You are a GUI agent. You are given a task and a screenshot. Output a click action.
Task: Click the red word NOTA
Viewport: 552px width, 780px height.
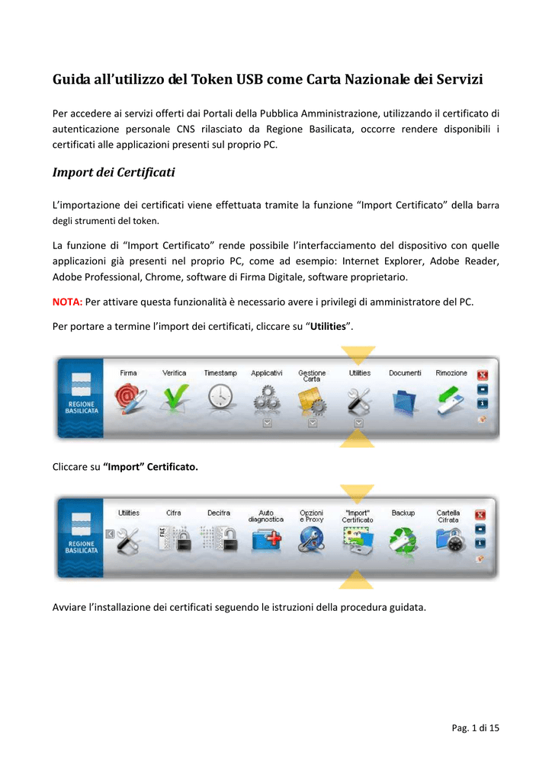pyautogui.click(x=67, y=302)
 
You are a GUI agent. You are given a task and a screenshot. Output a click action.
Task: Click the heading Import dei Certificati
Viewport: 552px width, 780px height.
pyautogui.click(x=113, y=172)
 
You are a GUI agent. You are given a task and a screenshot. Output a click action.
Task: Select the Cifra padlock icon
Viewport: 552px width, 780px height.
pyautogui.click(x=173, y=538)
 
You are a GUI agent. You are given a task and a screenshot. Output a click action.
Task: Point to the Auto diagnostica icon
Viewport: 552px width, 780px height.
pyautogui.click(x=266, y=539)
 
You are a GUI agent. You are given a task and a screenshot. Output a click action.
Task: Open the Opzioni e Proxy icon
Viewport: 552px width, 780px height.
pyautogui.click(x=311, y=539)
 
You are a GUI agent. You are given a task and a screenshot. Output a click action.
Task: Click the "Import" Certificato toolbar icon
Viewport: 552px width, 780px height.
pyautogui.click(x=357, y=539)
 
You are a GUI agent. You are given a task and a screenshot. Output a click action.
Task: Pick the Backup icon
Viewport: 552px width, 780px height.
pyautogui.click(x=403, y=539)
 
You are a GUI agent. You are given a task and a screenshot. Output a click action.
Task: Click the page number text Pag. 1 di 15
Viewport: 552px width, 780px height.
pyautogui.click(x=476, y=728)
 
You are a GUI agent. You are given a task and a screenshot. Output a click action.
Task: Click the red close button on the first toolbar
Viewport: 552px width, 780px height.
pyautogui.click(x=482, y=375)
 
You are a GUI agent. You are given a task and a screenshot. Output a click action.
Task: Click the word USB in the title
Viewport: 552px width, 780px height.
pyautogui.click(x=255, y=79)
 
